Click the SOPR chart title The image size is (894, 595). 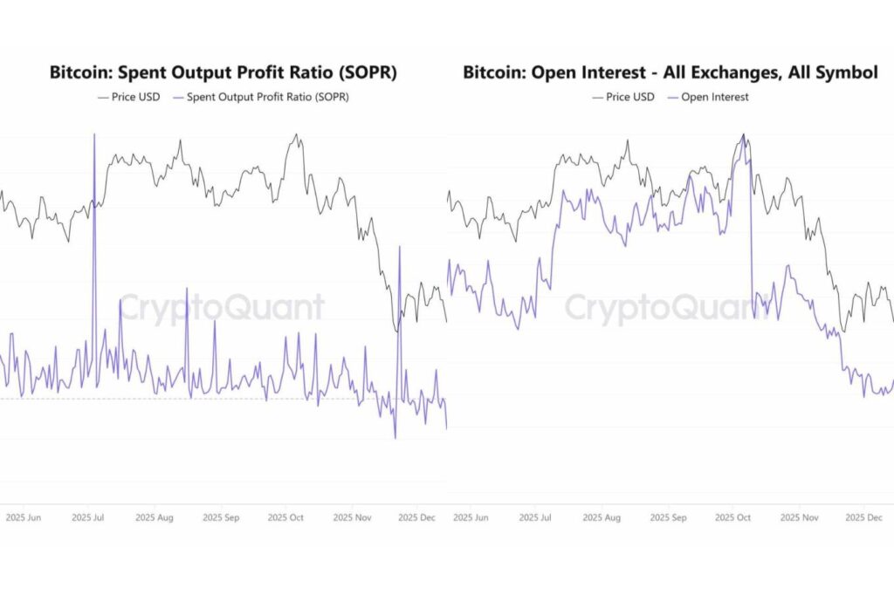[x=223, y=73]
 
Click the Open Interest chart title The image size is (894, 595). [x=670, y=73]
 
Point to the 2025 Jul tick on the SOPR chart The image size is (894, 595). [x=88, y=517]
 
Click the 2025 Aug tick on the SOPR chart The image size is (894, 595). [x=154, y=517]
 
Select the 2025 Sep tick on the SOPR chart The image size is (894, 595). [x=221, y=517]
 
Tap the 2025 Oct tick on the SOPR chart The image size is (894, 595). [x=285, y=517]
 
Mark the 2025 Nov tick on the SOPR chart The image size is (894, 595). [x=351, y=517]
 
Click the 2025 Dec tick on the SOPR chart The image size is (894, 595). [x=416, y=517]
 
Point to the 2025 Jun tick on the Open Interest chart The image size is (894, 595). [x=471, y=517]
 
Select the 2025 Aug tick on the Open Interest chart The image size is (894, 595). [x=603, y=517]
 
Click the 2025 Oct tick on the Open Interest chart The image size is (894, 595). [x=732, y=517]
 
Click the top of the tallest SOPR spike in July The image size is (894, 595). [x=94, y=134]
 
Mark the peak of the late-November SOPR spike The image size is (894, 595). [x=400, y=248]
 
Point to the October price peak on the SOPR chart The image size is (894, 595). [x=298, y=135]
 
